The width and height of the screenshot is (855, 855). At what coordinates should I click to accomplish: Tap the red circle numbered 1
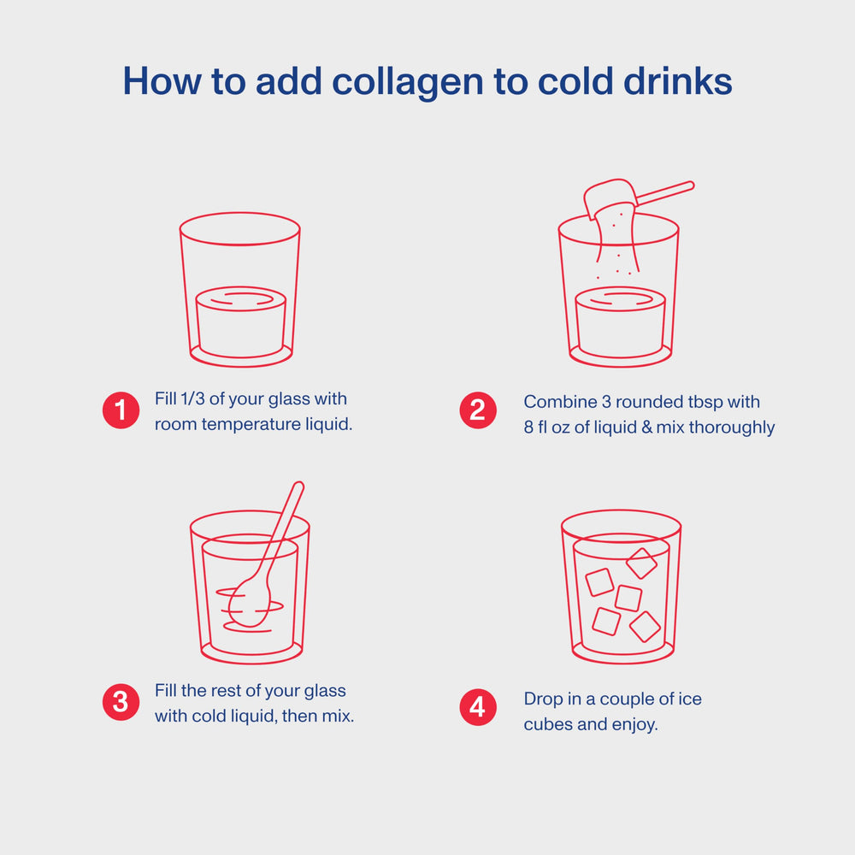(x=121, y=410)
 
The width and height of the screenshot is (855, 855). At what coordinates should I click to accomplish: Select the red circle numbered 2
(x=477, y=410)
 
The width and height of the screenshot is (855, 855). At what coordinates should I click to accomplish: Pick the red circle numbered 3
(x=121, y=702)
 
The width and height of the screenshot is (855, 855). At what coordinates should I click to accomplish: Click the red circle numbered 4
(x=477, y=708)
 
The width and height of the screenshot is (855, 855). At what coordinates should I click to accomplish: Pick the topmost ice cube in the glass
(x=641, y=563)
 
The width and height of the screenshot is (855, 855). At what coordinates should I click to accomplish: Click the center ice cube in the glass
(x=628, y=598)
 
